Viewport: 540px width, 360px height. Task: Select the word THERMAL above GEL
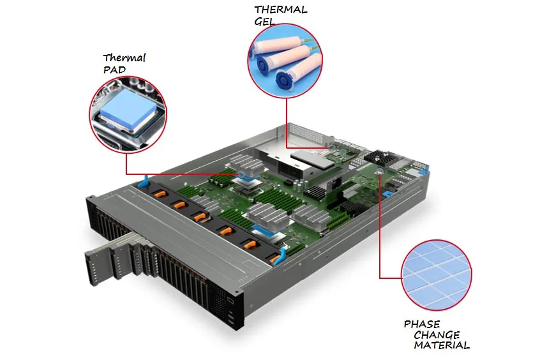pyautogui.click(x=280, y=10)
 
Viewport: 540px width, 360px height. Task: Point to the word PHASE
pyautogui.click(x=421, y=324)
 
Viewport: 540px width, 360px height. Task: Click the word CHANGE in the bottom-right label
pyautogui.click(x=436, y=335)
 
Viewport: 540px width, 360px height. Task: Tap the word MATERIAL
pyautogui.click(x=442, y=346)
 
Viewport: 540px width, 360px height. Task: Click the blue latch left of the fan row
pyautogui.click(x=145, y=182)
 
